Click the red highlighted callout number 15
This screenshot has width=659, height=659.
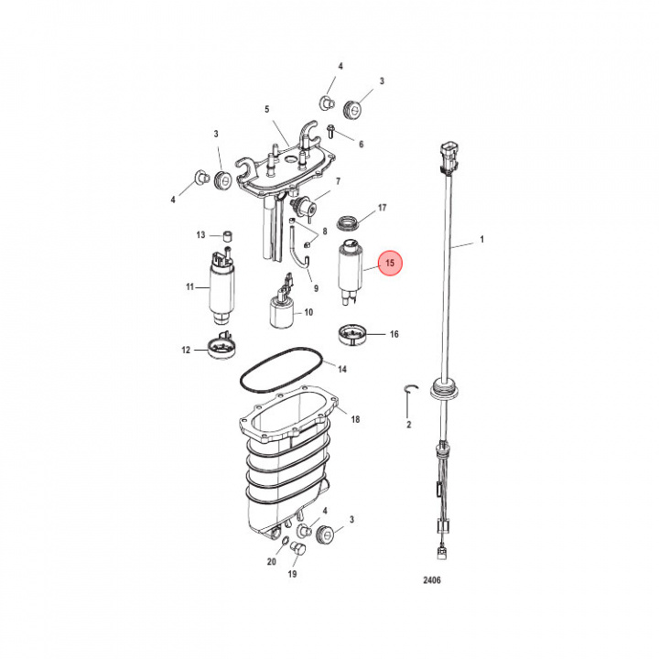pos(391,265)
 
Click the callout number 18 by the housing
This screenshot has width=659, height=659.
pos(355,419)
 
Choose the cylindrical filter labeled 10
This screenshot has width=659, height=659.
pos(282,315)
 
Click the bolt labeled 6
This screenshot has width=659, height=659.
pos(333,131)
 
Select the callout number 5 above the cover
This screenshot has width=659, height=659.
pos(267,110)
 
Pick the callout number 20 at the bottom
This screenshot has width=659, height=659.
pos(271,561)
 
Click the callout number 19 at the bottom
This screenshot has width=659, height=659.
pos(292,575)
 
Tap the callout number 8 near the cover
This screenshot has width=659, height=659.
pos(324,232)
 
